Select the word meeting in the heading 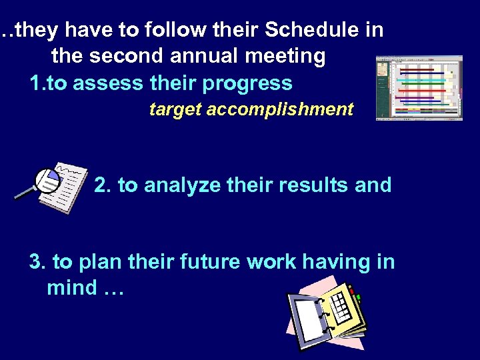click(x=288, y=57)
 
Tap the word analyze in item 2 click(x=177, y=185)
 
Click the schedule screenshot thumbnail click(x=419, y=87)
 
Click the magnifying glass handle click(x=25, y=193)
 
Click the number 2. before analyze click(x=103, y=185)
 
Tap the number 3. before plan click(x=37, y=262)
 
